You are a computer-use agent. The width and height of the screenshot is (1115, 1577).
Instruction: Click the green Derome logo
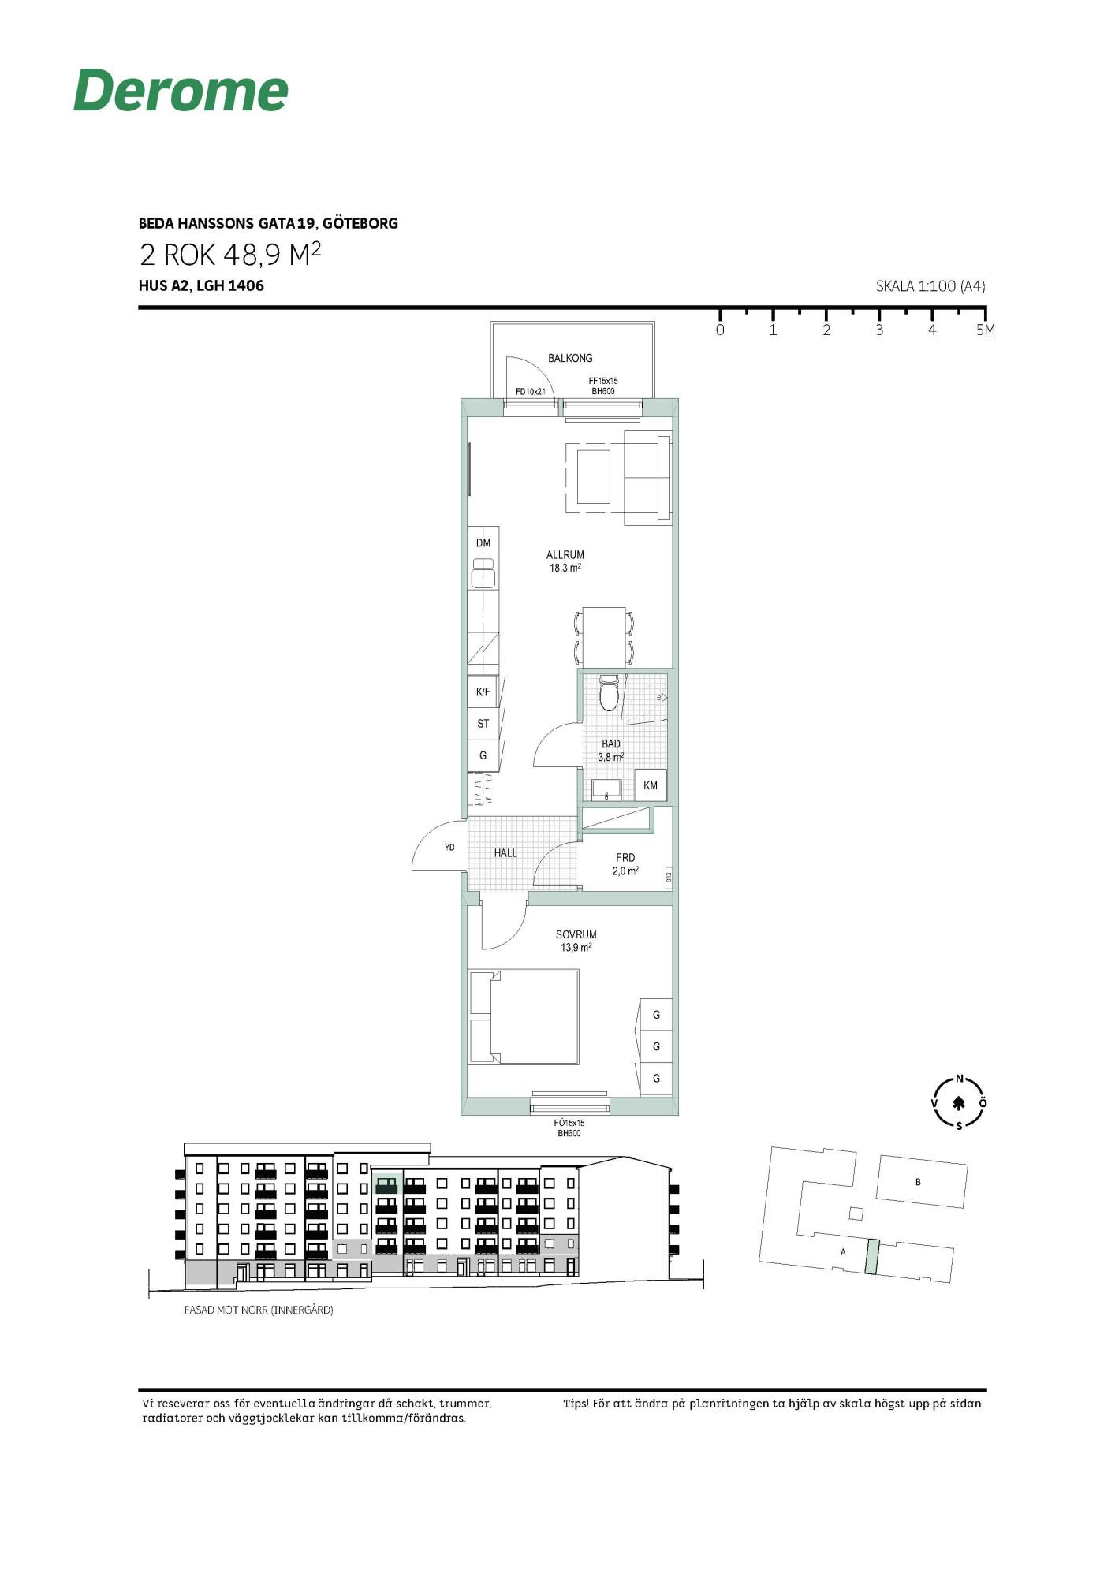(x=181, y=90)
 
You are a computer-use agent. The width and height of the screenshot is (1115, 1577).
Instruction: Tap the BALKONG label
(x=570, y=358)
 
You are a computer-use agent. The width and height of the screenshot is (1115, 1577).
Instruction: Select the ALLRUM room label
(x=565, y=555)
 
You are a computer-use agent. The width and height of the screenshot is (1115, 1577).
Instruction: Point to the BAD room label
(x=611, y=744)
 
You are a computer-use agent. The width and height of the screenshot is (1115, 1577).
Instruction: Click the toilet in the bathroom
(x=610, y=692)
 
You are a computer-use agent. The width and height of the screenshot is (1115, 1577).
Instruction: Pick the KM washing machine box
(x=651, y=785)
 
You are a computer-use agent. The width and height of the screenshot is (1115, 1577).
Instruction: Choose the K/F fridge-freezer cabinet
(x=483, y=692)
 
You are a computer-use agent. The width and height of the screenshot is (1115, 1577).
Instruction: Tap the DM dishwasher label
(x=483, y=542)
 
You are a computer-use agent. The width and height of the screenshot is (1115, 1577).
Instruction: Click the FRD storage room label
(x=625, y=858)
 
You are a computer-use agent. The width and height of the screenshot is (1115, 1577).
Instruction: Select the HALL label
(x=505, y=853)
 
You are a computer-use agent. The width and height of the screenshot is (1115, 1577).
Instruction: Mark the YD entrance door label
(x=449, y=848)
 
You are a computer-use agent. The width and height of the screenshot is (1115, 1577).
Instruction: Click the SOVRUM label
(x=576, y=934)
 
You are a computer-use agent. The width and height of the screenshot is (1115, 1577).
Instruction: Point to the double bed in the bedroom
(x=524, y=1017)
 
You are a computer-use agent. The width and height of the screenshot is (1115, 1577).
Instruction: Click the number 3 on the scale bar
(x=879, y=330)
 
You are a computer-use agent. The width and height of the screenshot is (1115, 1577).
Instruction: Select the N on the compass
(x=960, y=1079)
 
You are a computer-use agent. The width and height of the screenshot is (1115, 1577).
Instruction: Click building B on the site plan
(x=921, y=1182)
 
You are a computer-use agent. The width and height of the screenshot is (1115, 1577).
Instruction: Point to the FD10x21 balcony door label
(x=531, y=391)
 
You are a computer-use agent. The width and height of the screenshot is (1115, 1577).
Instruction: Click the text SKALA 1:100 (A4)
(x=930, y=286)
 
